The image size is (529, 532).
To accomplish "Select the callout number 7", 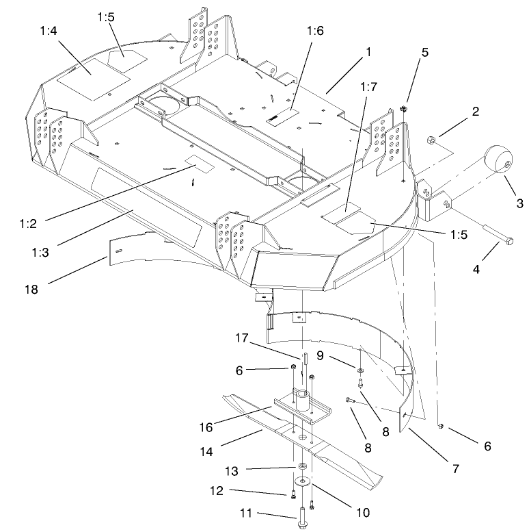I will pos(455,469).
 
